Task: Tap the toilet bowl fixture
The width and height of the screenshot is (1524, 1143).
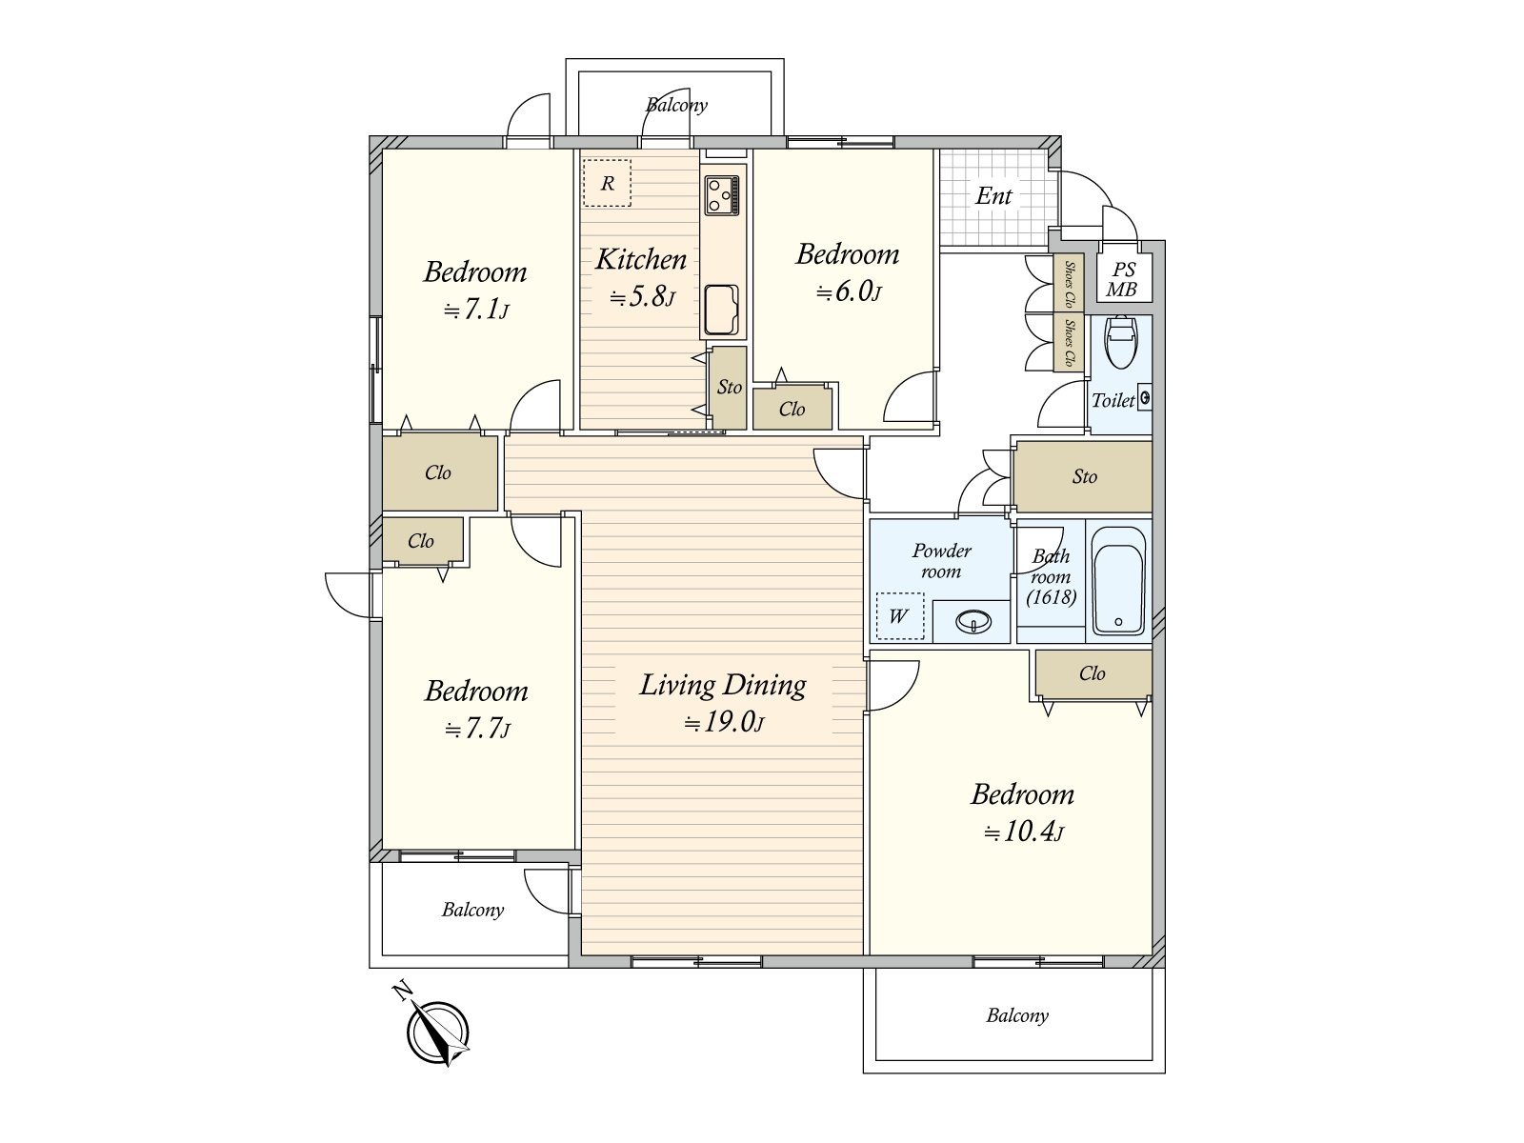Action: [1120, 342]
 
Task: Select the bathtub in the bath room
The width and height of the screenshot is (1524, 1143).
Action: [1118, 581]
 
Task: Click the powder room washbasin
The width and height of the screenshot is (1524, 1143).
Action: [973, 620]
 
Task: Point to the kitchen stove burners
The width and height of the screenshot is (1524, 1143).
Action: [722, 195]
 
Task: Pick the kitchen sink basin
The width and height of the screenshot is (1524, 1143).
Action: [721, 310]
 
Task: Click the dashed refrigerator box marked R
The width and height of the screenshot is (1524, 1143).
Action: [607, 183]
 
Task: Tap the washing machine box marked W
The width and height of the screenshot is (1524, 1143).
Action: [900, 615]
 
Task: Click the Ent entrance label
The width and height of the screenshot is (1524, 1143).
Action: [993, 196]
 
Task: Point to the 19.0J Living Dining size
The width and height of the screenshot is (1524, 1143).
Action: [724, 723]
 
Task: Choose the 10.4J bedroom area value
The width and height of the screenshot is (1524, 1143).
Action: [1023, 832]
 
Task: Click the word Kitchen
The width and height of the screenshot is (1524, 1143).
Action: [641, 259]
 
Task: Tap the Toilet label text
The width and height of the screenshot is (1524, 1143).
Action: [1113, 400]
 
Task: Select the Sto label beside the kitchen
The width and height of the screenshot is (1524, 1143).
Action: [729, 388]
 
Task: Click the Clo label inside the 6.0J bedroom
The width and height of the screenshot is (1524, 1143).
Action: [792, 410]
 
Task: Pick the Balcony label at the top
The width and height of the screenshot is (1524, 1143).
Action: [676, 106]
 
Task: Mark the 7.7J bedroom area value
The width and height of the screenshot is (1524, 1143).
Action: [477, 730]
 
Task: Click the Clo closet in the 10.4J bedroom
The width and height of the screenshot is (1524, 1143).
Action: [1093, 673]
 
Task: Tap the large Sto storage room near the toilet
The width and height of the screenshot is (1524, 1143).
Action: [1083, 477]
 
